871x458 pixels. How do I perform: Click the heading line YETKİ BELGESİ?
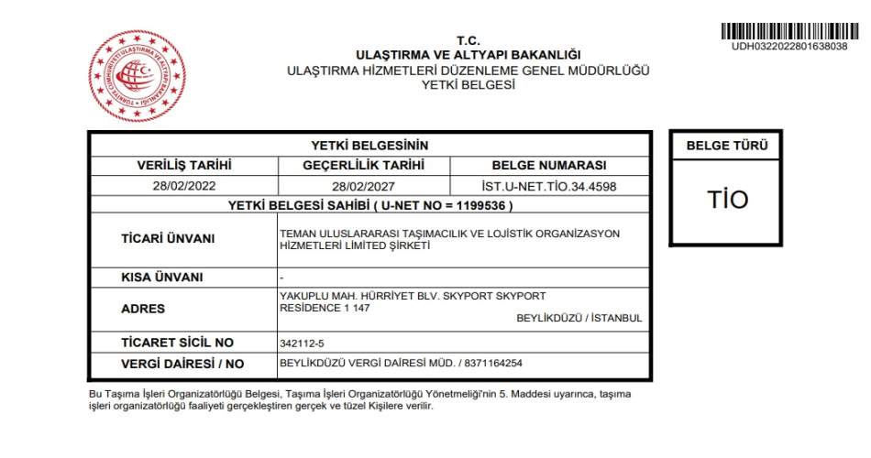pyautogui.click(x=468, y=84)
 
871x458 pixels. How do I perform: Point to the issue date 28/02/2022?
pyautogui.click(x=183, y=186)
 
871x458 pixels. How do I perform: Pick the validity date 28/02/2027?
pyautogui.click(x=364, y=186)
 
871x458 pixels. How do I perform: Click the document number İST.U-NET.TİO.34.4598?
pyautogui.click(x=549, y=186)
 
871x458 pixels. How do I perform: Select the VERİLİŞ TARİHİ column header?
pyautogui.click(x=183, y=166)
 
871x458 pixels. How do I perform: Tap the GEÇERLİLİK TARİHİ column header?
pyautogui.click(x=364, y=166)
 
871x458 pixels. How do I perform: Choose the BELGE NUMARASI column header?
pyautogui.click(x=549, y=166)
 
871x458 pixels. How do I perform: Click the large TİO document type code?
pyautogui.click(x=728, y=199)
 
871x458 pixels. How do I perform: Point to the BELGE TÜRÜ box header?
pyautogui.click(x=728, y=146)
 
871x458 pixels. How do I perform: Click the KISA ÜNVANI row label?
pyautogui.click(x=162, y=277)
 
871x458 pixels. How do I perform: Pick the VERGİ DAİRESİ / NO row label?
pyautogui.click(x=182, y=364)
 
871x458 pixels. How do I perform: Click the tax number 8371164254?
pyautogui.click(x=494, y=364)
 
